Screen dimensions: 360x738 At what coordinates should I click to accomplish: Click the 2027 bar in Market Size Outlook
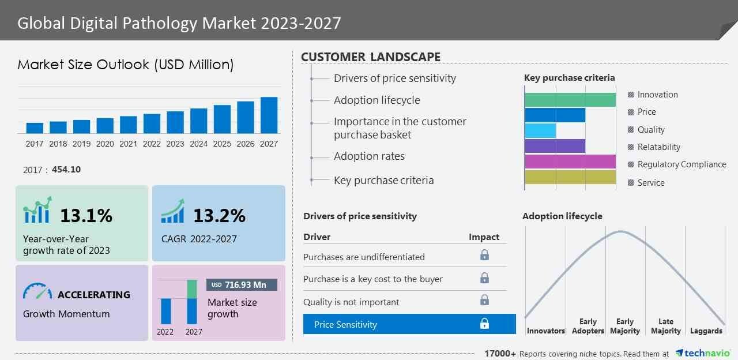269,115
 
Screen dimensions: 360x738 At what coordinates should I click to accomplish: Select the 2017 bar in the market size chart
35,128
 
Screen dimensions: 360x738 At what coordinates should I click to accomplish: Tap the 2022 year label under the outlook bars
152,144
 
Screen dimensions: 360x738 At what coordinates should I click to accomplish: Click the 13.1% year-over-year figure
86,216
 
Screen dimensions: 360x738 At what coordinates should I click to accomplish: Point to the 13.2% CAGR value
219,216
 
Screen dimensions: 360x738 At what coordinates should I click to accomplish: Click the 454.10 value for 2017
66,170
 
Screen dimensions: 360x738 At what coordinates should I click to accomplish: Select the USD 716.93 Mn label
242,285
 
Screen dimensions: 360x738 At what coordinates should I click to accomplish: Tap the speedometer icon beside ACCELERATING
37,291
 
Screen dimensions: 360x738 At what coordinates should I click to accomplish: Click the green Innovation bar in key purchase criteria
570,99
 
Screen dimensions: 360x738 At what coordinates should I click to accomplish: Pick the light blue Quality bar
540,130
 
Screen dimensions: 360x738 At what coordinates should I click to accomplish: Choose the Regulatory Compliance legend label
681,164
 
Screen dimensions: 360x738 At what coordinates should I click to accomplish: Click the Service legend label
651,183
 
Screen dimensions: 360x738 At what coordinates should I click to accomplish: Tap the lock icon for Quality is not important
484,300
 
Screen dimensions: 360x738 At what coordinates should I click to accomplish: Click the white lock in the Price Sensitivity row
484,324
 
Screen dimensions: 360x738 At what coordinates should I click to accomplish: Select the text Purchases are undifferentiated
364,257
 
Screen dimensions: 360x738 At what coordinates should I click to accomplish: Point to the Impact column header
484,237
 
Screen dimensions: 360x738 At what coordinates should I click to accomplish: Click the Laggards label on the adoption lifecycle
706,331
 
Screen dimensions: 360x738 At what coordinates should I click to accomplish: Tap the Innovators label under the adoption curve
545,331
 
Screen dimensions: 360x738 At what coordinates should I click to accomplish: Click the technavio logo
703,353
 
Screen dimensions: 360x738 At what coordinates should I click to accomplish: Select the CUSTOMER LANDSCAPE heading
371,57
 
